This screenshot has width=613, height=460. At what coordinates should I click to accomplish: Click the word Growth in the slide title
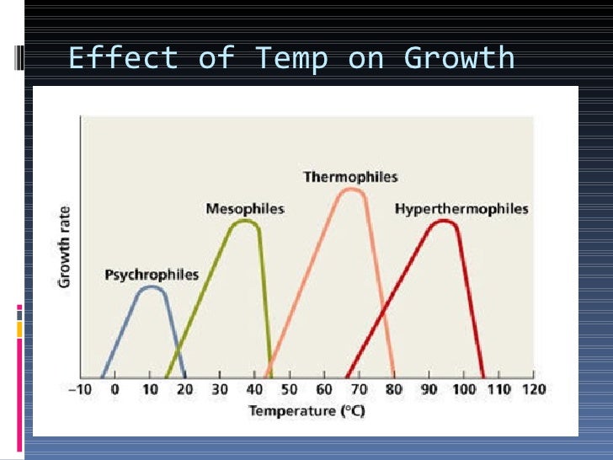[x=459, y=59]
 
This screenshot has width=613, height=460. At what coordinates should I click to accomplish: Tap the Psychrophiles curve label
[x=152, y=275]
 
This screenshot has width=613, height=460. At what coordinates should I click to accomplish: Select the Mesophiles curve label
[x=245, y=208]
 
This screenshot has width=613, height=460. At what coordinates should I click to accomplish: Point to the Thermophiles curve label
[x=350, y=177]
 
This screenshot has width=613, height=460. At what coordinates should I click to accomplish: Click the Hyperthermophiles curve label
[x=461, y=208]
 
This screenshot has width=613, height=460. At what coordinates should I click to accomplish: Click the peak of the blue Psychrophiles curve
[x=151, y=287]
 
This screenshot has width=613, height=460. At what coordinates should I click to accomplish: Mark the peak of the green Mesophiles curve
[x=245, y=221]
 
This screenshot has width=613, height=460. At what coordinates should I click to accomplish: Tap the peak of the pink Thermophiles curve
[x=350, y=189]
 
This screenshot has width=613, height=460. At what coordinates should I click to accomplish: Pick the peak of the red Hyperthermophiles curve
[x=444, y=221]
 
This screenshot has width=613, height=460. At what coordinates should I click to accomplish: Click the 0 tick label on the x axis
[x=115, y=390]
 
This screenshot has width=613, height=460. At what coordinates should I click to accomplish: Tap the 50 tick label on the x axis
[x=290, y=390]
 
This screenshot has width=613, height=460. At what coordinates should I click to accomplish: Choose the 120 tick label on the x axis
[x=534, y=390]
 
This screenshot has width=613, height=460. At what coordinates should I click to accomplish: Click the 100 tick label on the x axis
[x=463, y=390]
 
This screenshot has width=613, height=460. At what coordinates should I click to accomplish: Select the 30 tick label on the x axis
[x=220, y=390]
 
